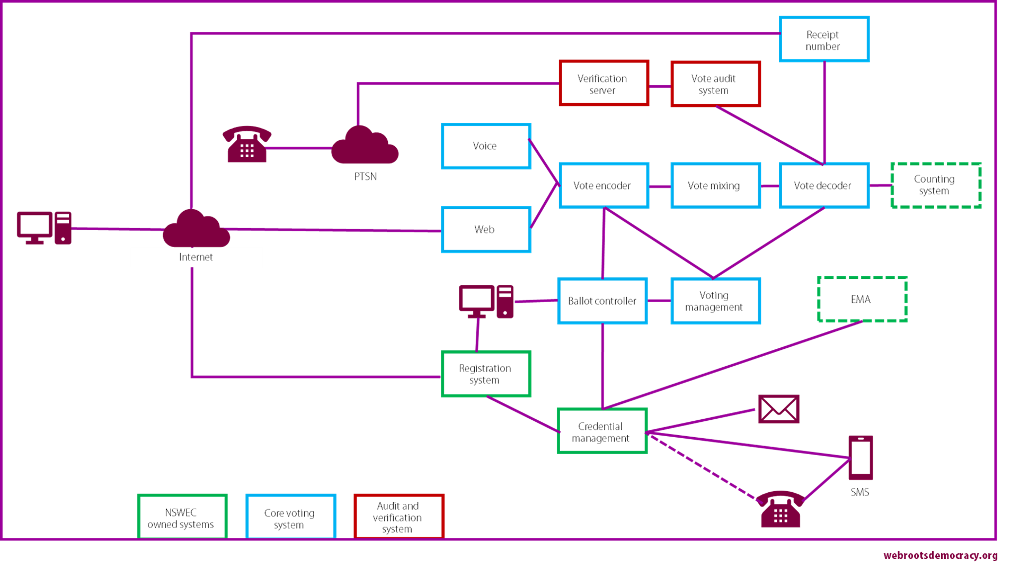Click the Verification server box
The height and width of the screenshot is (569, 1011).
click(x=604, y=84)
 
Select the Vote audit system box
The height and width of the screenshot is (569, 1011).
click(x=715, y=84)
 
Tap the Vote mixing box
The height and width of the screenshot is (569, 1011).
click(x=715, y=185)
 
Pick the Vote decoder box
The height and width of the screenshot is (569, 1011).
click(x=823, y=185)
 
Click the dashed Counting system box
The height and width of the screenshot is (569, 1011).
click(x=936, y=185)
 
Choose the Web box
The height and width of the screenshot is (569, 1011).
click(x=486, y=230)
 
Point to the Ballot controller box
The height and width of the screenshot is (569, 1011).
click(x=602, y=301)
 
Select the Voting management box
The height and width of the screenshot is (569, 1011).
click(x=715, y=301)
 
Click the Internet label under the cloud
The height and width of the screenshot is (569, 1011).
click(x=196, y=257)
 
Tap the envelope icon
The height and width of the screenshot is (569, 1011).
click(x=778, y=409)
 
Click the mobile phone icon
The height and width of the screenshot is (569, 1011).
click(x=861, y=458)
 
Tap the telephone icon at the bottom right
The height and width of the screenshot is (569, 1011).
click(x=781, y=509)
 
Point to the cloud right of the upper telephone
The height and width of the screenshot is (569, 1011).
click(x=365, y=146)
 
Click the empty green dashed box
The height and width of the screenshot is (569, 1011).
click(x=862, y=299)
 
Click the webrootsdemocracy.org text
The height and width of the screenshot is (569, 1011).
click(x=940, y=556)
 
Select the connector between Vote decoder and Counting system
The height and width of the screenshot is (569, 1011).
click(x=880, y=185)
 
